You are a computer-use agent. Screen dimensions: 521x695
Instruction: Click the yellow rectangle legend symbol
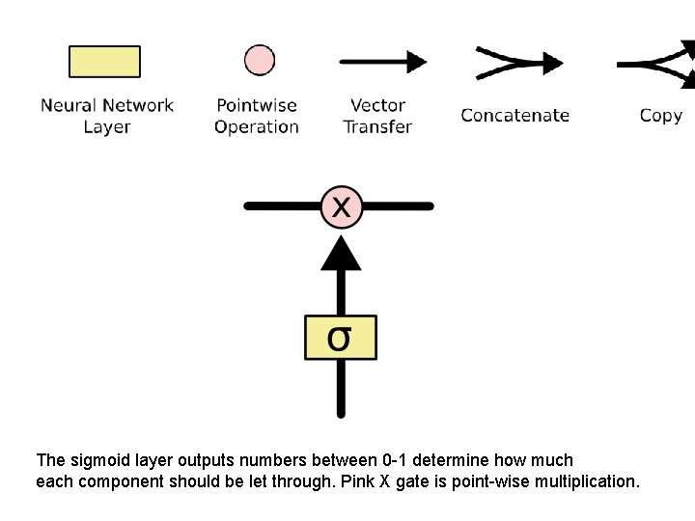tap(104, 62)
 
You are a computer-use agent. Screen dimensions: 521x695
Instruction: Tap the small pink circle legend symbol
tap(259, 60)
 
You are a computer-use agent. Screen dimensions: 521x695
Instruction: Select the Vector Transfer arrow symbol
tap(382, 62)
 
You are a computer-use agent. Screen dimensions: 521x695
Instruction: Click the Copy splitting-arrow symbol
tap(656, 63)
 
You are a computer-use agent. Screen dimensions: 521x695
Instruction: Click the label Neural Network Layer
tap(106, 116)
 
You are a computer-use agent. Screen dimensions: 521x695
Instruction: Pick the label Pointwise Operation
tap(257, 116)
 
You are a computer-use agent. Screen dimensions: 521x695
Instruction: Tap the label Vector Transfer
tap(377, 116)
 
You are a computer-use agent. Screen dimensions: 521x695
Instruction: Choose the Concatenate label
tap(514, 116)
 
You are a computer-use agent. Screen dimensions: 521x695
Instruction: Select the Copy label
tap(660, 116)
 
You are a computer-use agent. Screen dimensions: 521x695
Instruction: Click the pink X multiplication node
tap(341, 206)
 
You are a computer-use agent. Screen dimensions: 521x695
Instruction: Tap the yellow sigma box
tap(341, 338)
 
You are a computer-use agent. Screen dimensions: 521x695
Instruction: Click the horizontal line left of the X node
tap(283, 206)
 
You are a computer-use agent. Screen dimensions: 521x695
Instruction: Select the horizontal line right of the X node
tap(397, 206)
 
